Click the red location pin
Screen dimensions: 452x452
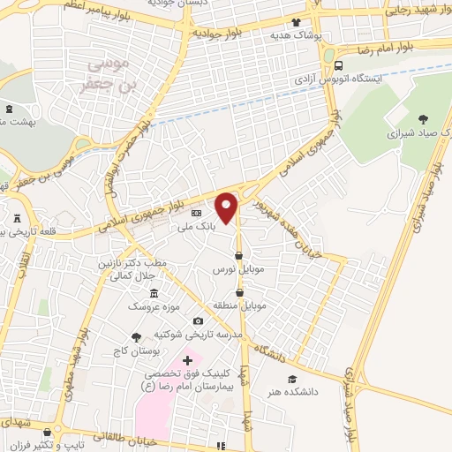click(x=228, y=207)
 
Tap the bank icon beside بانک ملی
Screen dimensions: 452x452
click(x=196, y=214)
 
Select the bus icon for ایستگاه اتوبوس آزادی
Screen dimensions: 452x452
click(x=340, y=65)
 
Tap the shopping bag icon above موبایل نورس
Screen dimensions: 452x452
click(x=238, y=256)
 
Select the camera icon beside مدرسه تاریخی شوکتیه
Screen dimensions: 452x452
click(x=198, y=320)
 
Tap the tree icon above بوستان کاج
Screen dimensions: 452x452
click(x=136, y=335)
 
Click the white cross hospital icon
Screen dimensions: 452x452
click(x=187, y=360)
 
